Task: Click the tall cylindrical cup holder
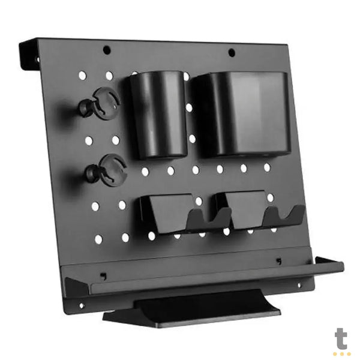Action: click(157, 114)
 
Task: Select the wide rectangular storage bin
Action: click(242, 113)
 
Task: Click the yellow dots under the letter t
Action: click(341, 353)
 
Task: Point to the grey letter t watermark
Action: click(341, 338)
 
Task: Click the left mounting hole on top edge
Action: click(107, 50)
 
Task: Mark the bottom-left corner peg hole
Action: click(98, 239)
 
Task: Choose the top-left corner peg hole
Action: click(82, 76)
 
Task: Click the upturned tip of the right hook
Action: click(297, 211)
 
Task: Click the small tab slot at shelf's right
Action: click(278, 261)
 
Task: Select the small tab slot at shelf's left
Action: click(103, 276)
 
